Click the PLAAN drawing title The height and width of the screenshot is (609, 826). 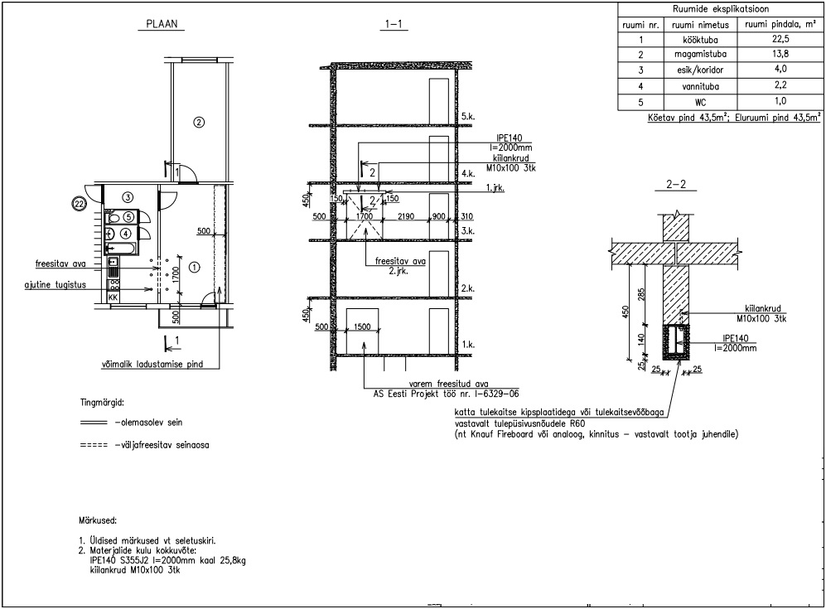pos(162,24)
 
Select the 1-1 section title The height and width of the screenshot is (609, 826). pos(394,24)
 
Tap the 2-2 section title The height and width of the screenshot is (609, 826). pos(676,185)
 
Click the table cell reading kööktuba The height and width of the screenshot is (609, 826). pos(700,40)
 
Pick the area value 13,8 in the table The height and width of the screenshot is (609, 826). pos(780,54)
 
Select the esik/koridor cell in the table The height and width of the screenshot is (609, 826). pos(700,70)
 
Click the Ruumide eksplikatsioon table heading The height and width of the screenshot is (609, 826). pos(721,9)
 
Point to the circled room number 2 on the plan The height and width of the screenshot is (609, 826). pos(199,123)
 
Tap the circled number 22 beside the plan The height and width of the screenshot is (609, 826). pos(80,203)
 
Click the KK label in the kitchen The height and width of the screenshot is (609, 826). pos(113,297)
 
